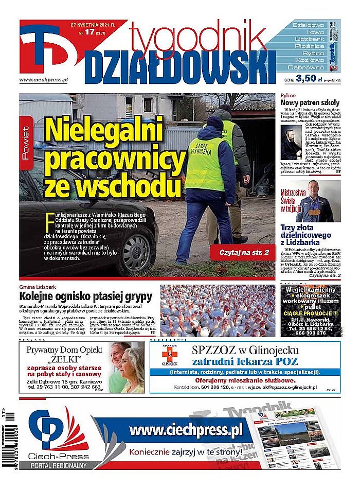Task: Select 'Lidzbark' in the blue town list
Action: click(309, 39)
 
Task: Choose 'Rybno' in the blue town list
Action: click(309, 53)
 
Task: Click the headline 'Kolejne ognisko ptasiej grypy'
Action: click(86, 296)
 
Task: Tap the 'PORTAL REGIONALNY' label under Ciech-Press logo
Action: click(58, 465)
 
